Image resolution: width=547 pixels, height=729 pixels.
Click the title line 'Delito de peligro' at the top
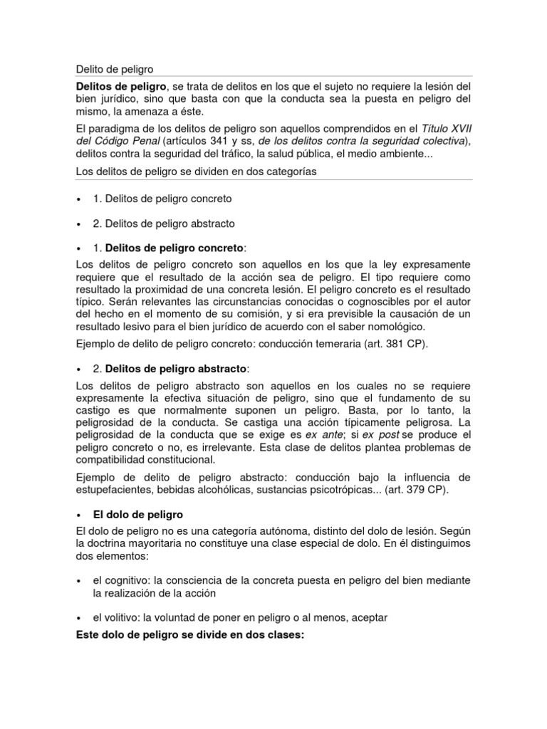(x=114, y=69)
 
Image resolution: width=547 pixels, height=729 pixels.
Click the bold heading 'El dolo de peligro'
(x=138, y=514)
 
